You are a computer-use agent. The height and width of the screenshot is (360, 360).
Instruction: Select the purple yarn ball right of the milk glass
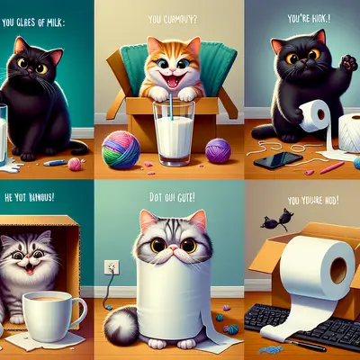[x=218, y=149]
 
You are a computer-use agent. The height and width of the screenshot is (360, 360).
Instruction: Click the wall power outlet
[x=112, y=267]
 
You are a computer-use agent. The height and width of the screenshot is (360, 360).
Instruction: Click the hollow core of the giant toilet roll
[x=341, y=269]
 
